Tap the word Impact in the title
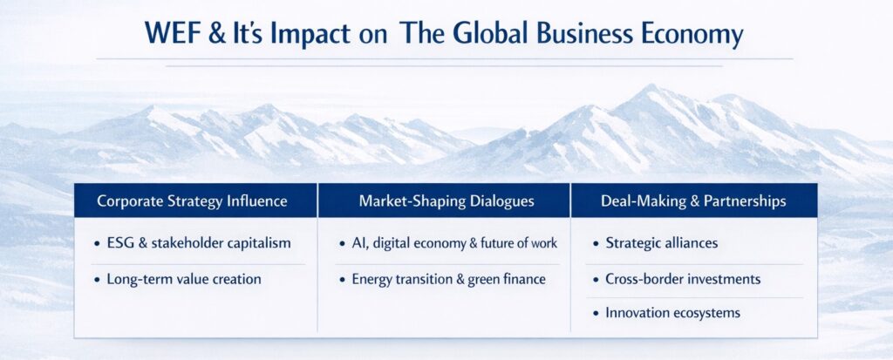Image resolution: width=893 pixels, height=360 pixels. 310,34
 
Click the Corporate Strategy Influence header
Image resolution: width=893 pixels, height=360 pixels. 192,201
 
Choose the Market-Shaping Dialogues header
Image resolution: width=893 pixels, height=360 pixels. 446,201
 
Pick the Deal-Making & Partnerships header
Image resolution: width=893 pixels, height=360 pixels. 693,201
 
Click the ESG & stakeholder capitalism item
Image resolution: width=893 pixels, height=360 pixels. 199,243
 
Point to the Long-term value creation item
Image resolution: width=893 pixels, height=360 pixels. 184,279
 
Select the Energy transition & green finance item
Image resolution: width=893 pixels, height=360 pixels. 449,279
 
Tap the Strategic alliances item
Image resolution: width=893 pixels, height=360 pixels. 661,243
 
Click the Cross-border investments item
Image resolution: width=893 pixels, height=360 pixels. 683,279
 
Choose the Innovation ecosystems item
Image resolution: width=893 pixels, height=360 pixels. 672,313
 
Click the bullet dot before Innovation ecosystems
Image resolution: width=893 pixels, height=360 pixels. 596,314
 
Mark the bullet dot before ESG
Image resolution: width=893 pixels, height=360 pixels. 98,244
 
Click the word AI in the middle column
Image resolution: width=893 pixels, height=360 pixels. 358,243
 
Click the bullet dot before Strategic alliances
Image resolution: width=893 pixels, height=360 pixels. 596,244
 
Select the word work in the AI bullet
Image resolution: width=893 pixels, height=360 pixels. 544,243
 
